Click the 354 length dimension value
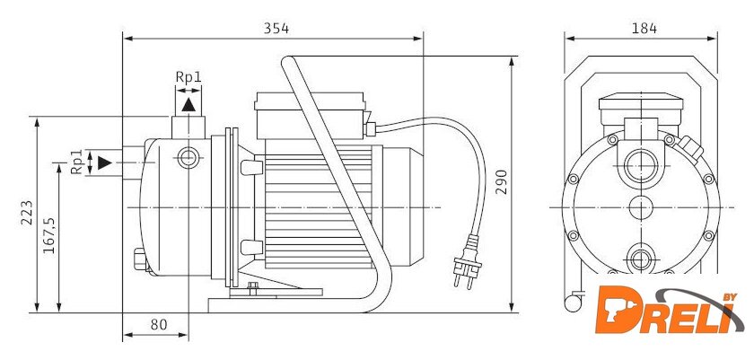point(276,29)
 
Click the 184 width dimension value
point(644,29)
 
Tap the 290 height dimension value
point(502,181)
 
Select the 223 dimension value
point(27,212)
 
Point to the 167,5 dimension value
point(49,235)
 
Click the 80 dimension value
point(159,325)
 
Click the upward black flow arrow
point(188,105)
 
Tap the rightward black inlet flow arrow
point(105,162)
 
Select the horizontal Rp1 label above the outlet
point(188,77)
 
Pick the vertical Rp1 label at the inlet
point(77,162)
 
